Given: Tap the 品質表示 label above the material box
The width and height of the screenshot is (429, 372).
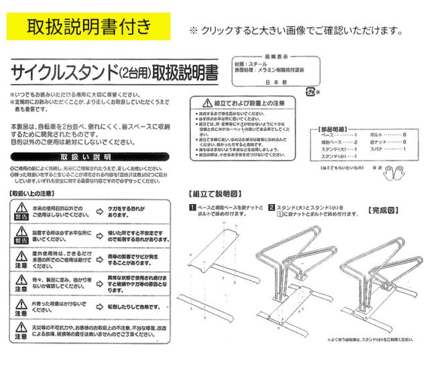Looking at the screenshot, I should coord(275,57).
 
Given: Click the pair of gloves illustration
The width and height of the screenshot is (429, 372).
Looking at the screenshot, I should coord(390,173).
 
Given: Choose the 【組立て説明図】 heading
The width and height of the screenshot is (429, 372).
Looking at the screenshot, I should coord(213,193).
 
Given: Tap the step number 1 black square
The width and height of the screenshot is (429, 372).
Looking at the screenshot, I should coord(192,207).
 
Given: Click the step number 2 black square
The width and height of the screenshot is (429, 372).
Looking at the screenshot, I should coord(271,207).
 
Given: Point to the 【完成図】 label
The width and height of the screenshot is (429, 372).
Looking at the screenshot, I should coord(383,210).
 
